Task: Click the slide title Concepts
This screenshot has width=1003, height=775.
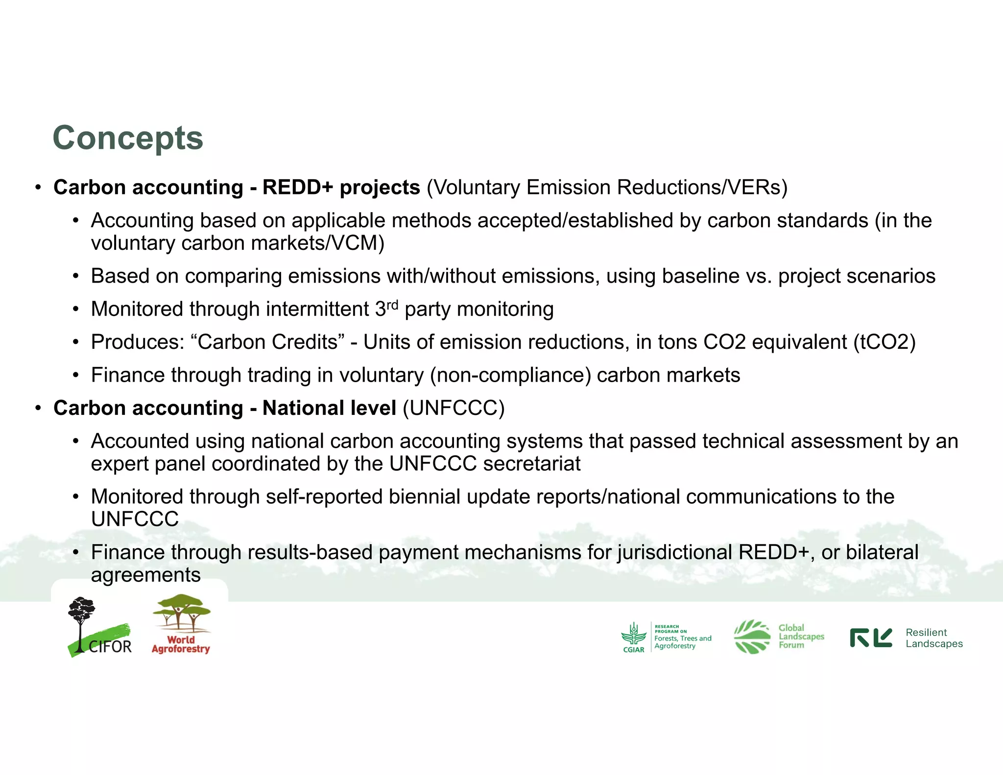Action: click(x=128, y=138)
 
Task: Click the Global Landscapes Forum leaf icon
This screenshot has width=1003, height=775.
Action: click(x=752, y=636)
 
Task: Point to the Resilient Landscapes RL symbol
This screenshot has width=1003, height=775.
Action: click(x=871, y=638)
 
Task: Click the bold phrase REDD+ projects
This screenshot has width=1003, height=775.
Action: click(x=341, y=188)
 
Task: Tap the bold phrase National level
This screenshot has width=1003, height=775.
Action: click(x=329, y=408)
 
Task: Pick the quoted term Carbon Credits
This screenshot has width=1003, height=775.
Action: click(x=267, y=342)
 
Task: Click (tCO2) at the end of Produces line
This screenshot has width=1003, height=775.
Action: click(x=884, y=342)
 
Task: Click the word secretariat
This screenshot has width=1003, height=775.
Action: click(x=531, y=464)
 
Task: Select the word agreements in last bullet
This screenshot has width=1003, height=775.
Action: click(x=146, y=575)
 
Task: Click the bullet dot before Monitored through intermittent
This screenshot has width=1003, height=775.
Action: click(x=75, y=310)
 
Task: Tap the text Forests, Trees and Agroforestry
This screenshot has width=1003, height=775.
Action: click(x=682, y=642)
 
